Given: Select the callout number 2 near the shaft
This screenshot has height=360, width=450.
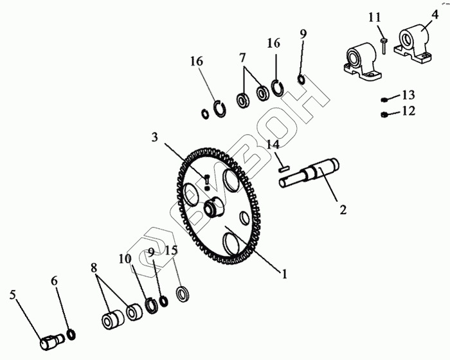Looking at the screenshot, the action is tap(343, 210).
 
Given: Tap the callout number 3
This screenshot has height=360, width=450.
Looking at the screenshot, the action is tap(155, 137).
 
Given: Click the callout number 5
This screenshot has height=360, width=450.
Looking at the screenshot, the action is tap(12, 296).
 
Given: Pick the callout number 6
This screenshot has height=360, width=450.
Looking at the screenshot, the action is tap(54, 281).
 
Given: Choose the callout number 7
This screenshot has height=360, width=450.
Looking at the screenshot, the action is tap(242, 58).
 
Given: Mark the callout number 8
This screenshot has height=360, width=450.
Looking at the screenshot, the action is tap(94, 268).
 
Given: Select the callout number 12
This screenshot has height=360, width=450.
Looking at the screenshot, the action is tap(408, 111).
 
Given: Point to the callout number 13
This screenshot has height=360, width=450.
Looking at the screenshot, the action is tap(408, 95).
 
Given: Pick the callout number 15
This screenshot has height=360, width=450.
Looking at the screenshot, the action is tap(170, 250).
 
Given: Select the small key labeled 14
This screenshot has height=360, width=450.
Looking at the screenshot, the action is tap(282, 166).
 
